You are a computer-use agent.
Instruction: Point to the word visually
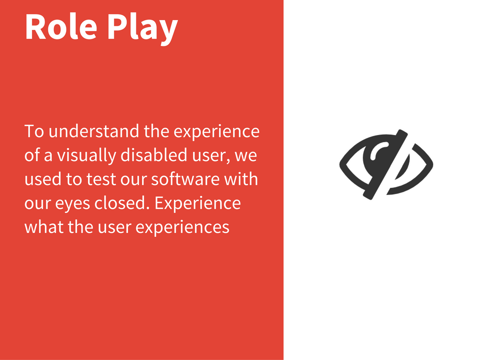tap(86, 156)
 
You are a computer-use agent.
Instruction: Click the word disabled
tap(154, 155)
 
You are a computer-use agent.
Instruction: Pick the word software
tap(185, 179)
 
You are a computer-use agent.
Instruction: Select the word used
tap(43, 179)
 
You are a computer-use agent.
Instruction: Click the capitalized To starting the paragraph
tap(34, 131)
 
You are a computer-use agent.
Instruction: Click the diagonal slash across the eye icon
tap(385, 165)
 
